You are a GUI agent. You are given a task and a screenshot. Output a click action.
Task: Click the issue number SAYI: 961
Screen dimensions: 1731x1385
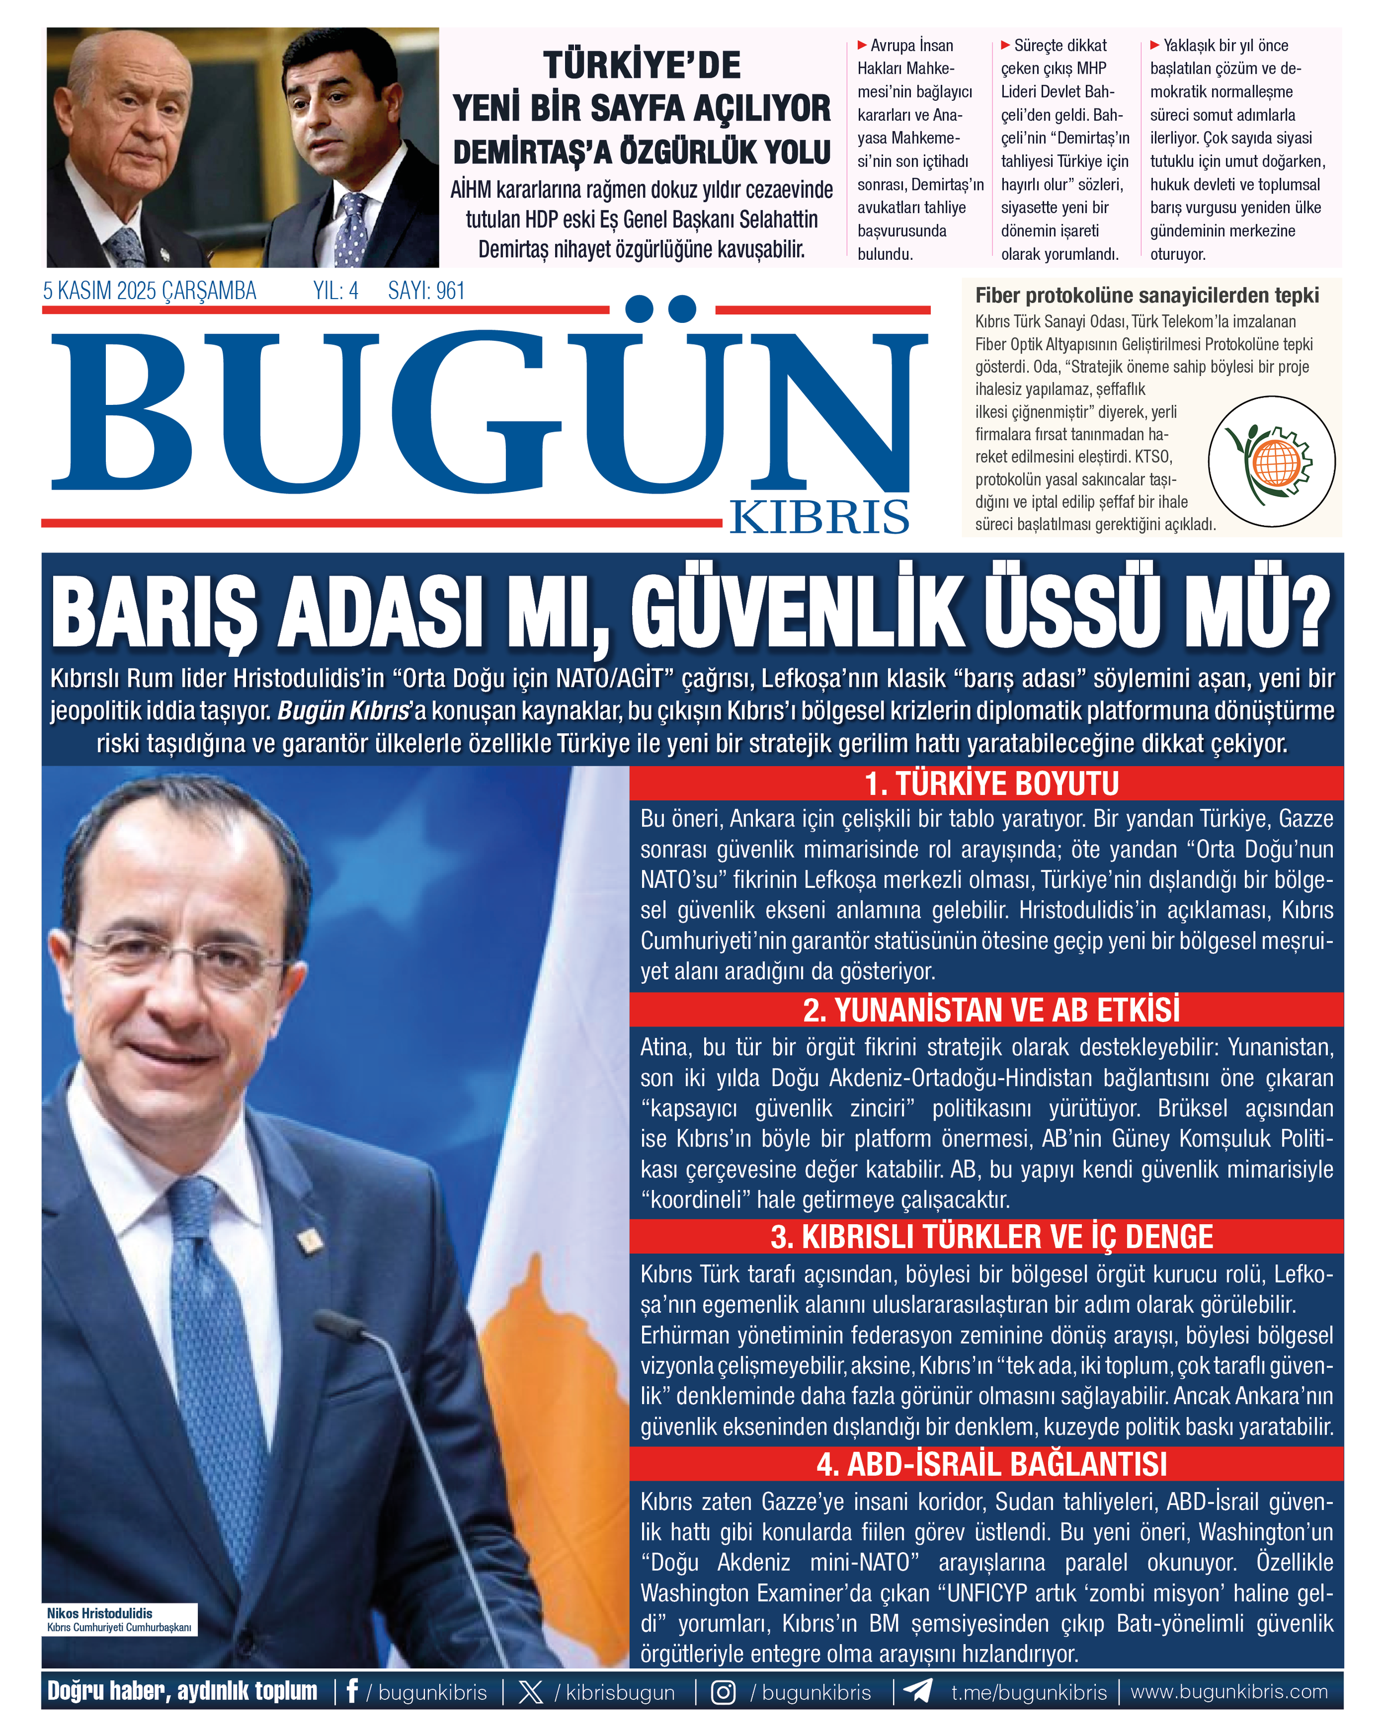[427, 291]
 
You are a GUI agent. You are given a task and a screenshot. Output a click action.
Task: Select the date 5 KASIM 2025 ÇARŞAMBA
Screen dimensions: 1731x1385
[150, 291]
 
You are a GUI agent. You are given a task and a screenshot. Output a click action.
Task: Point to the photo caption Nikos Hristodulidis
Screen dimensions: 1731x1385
[100, 1613]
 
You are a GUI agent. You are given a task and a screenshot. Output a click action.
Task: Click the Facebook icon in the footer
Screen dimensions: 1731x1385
[352, 1692]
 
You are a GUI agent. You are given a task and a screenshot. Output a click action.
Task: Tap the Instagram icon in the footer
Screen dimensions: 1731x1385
[722, 1692]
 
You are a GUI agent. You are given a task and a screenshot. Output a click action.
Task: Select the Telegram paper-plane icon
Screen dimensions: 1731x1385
[917, 1691]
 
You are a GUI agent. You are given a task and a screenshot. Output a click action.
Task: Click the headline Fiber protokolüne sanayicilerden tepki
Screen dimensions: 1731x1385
[1147, 295]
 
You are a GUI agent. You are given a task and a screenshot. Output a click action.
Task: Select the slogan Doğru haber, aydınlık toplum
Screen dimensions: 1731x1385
[182, 1692]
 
